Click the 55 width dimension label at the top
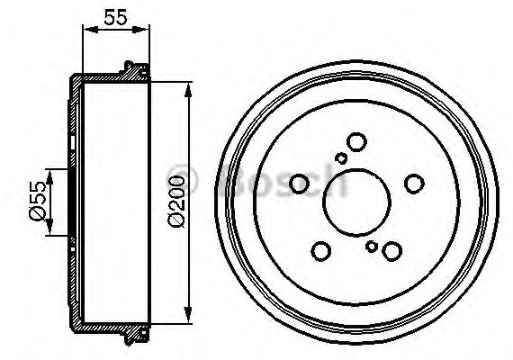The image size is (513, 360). click(115, 17)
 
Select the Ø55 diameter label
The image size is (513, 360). click(38, 201)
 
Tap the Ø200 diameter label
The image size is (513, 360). click(176, 201)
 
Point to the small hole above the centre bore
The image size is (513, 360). click(341, 157)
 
